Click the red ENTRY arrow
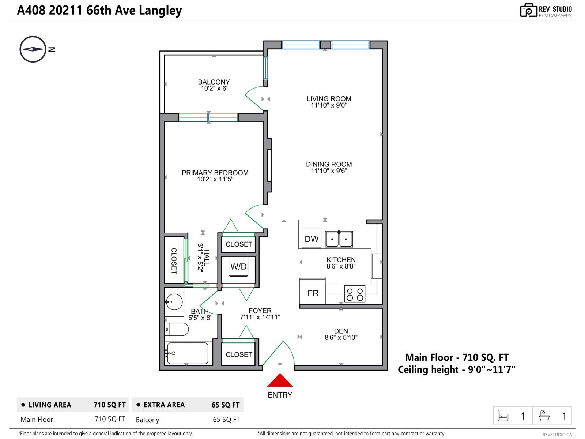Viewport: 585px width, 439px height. [280, 381]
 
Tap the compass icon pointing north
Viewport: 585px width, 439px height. [33, 49]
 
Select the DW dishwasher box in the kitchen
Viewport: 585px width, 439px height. [312, 239]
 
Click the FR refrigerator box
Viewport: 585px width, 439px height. [313, 293]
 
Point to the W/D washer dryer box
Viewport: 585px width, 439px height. [238, 267]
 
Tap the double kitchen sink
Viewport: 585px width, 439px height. [339, 239]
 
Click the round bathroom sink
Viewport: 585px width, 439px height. [174, 302]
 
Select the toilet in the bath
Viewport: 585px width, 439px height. [176, 329]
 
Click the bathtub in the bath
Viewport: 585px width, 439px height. [188, 353]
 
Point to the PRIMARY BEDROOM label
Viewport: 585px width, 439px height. [215, 173]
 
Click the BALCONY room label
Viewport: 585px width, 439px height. [214, 82]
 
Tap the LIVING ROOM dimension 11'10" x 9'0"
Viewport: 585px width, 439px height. [329, 105]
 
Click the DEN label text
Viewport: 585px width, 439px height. [341, 331]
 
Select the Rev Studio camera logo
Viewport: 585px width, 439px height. [528, 10]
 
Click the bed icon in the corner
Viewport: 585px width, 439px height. [503, 416]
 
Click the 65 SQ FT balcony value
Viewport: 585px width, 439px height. [226, 420]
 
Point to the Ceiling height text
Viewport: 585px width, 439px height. [456, 369]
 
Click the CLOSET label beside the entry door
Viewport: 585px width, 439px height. [239, 354]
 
